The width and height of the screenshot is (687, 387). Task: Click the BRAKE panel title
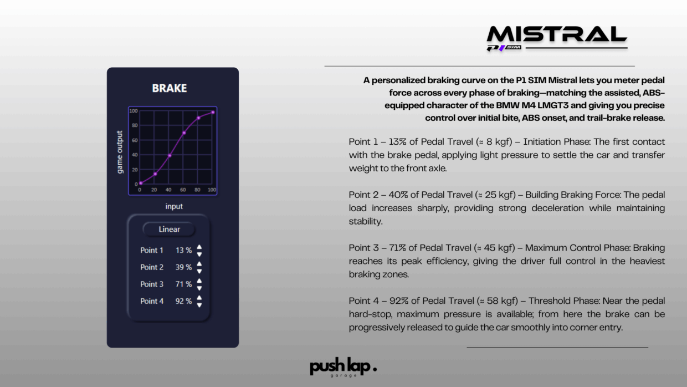[170, 88]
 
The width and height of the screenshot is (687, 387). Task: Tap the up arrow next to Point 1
[199, 247]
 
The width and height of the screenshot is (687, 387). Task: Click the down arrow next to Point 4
[199, 305]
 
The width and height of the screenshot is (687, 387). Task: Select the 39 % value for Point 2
[183, 267]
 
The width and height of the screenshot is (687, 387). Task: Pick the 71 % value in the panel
[183, 284]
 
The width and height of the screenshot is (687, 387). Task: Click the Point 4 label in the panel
[152, 301]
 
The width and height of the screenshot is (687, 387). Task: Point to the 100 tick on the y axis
[134, 111]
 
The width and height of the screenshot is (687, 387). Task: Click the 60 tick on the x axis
[183, 190]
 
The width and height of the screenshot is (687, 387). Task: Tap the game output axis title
[120, 152]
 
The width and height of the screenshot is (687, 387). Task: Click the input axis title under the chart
[174, 206]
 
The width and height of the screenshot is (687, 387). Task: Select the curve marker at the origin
[141, 183]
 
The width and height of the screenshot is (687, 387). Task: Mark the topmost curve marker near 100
[213, 113]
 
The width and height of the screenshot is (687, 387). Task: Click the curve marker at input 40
[170, 156]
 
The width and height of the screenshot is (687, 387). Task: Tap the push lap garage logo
[343, 367]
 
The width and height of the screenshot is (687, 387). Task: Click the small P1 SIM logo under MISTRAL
[504, 48]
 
